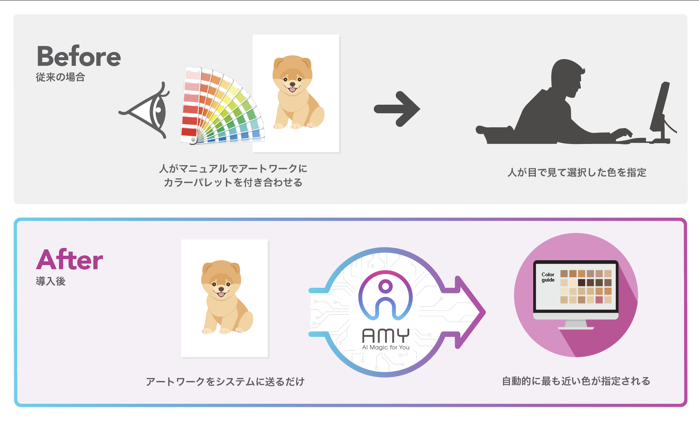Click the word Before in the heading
79,57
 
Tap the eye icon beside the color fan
147,111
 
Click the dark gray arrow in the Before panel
397,109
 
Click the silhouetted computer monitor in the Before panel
660,108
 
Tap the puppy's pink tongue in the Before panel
292,90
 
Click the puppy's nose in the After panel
221,289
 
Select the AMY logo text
386,336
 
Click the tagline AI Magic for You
386,347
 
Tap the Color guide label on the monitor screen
548,277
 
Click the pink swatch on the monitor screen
599,299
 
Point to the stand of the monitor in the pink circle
575,324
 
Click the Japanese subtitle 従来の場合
60,77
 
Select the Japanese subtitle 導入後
50,281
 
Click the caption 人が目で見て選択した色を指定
577,172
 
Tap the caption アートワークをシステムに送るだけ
225,382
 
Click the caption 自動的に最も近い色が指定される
576,381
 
